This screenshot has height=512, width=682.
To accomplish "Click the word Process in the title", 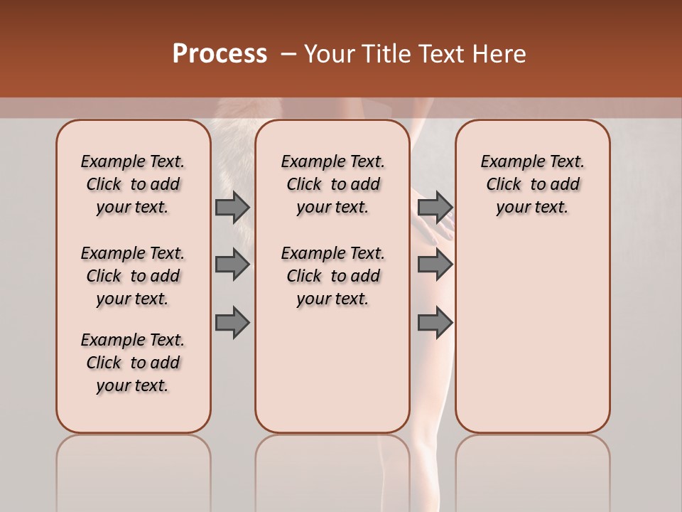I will (x=220, y=53).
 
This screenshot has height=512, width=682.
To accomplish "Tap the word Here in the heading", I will (x=499, y=54).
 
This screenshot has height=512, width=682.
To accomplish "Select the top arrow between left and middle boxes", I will (x=232, y=207).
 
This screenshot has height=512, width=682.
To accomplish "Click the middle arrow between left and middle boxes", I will (x=232, y=265).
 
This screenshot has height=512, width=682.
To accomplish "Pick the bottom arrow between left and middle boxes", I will (x=232, y=322).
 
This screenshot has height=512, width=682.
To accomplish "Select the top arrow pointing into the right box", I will (x=435, y=207).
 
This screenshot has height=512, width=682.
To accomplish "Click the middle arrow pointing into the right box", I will (x=435, y=265).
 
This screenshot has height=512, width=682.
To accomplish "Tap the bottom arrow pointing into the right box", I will (x=435, y=322).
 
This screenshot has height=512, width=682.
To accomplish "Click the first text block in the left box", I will (x=133, y=184).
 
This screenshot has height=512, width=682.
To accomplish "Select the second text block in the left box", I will (x=133, y=276).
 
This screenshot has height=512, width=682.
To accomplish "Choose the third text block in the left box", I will (x=133, y=363).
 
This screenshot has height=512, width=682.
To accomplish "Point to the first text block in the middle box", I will (x=332, y=184).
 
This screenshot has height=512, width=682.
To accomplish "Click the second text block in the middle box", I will (x=332, y=276).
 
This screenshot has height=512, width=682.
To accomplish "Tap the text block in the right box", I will (x=532, y=184).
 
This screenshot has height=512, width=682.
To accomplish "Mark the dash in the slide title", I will (x=288, y=54).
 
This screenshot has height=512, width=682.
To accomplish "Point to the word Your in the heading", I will (x=330, y=54).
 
